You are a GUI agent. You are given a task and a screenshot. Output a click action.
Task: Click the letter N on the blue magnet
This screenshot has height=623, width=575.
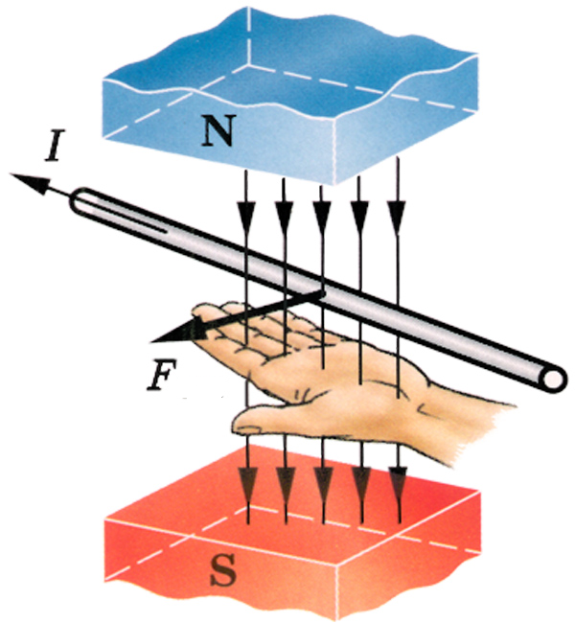[x=218, y=130]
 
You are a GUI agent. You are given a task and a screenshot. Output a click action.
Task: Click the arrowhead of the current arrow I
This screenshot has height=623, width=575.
[x=29, y=183]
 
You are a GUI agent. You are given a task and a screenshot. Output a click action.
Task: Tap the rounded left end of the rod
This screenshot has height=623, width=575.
[x=78, y=202]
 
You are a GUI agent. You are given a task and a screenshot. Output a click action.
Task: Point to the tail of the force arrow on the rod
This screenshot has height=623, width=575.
[x=320, y=293]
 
